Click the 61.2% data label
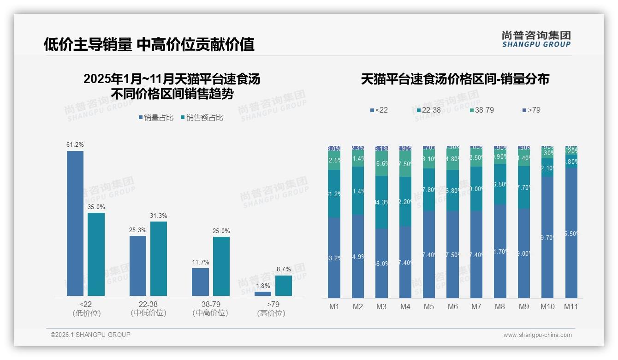(x=75, y=145)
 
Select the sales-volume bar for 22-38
(x=138, y=266)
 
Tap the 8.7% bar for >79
(x=284, y=286)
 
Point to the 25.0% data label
(x=221, y=231)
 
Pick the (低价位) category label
(x=87, y=313)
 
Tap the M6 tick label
(x=452, y=307)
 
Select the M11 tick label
(x=571, y=307)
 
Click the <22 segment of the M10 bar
(x=547, y=238)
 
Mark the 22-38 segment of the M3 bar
(x=381, y=202)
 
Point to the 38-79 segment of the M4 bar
(x=405, y=164)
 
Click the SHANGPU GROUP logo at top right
(x=536, y=39)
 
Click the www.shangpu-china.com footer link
(x=537, y=335)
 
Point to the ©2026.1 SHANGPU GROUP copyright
(x=90, y=335)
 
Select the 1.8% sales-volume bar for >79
(x=263, y=294)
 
